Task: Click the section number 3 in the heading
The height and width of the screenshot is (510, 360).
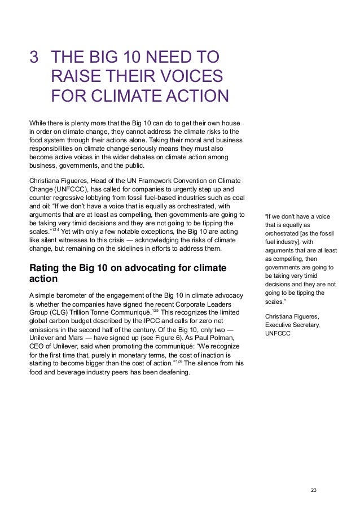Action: pos(35,58)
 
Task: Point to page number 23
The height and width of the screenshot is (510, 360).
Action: pos(314,489)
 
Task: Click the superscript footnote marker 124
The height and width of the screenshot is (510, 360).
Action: pos(55,229)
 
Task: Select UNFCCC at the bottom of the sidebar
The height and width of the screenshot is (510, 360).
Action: pos(278,333)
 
